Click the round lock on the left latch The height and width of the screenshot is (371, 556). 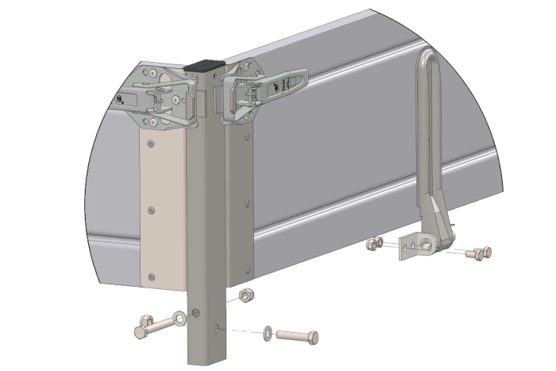coord(120,99)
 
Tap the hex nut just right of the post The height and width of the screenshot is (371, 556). coord(246,296)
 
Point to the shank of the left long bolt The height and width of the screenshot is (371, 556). coord(165,323)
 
